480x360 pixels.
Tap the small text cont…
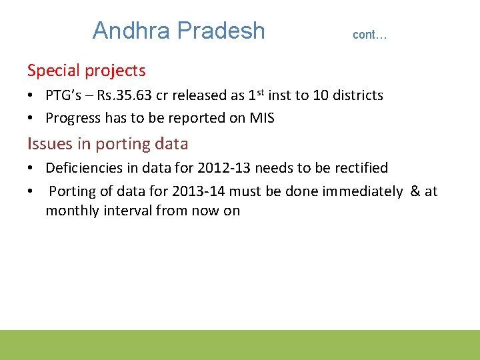369,35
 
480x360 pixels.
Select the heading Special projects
87,70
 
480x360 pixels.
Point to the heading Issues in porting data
108,143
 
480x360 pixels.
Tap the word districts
359,95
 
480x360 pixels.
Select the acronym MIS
261,118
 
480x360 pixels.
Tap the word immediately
362,191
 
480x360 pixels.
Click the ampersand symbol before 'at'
415,191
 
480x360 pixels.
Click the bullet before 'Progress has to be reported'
31,118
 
